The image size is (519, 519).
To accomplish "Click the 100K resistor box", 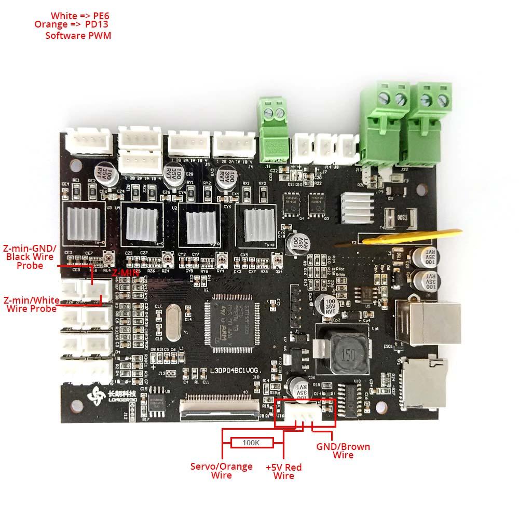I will [252, 443].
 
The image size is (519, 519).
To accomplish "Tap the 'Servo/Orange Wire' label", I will [221, 470].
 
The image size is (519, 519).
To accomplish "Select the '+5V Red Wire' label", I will [283, 471].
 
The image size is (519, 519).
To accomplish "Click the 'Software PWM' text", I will [78, 36].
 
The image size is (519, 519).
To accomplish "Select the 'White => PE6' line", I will [80, 16].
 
